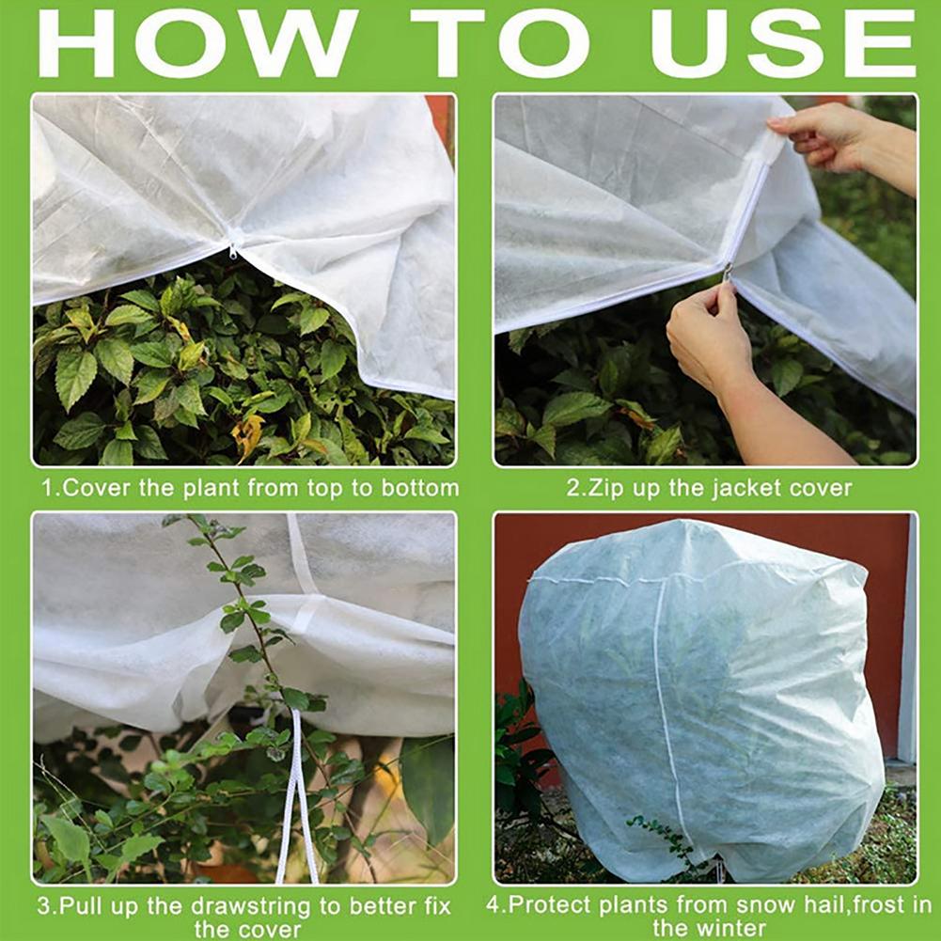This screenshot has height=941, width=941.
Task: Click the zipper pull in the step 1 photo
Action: (x=233, y=249)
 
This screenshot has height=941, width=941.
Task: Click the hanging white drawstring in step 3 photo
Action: (x=298, y=799)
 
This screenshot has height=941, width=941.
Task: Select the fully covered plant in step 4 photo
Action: (x=700, y=696)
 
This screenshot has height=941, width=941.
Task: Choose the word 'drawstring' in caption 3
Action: (x=250, y=908)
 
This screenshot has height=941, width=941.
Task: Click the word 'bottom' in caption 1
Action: (x=422, y=488)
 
